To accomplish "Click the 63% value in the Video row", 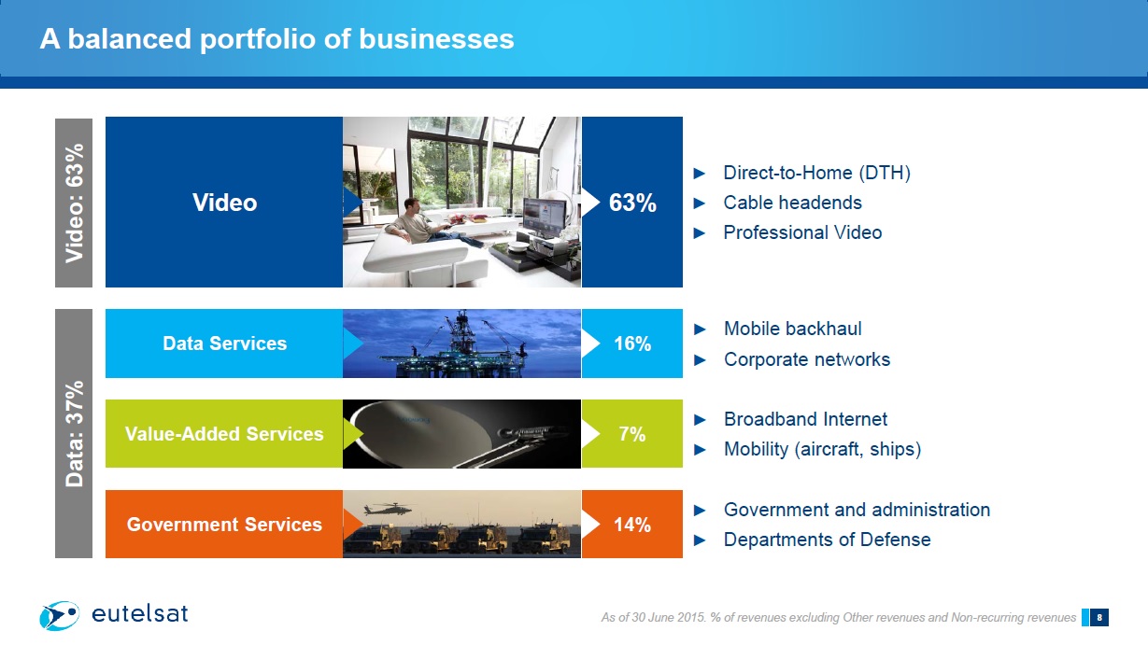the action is click(632, 203).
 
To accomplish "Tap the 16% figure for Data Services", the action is click(632, 344).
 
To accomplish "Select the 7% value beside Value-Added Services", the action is click(631, 434).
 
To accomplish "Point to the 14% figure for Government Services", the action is click(632, 524).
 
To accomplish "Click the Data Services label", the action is click(224, 344).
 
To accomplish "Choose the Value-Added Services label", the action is click(224, 434).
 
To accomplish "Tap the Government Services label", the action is click(224, 524).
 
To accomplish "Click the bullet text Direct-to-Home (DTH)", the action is click(817, 173).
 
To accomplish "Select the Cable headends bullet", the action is click(792, 203).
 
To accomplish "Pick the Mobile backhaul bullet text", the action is click(793, 329).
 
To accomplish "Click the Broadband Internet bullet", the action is click(805, 419).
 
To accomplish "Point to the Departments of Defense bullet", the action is click(828, 540).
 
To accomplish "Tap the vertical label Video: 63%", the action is click(74, 203).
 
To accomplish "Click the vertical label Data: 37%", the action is click(74, 433).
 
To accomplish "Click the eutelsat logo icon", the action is click(60, 615).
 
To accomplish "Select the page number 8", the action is click(1098, 618).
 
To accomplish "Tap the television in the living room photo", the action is click(545, 217).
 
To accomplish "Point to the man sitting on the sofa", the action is click(433, 224).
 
